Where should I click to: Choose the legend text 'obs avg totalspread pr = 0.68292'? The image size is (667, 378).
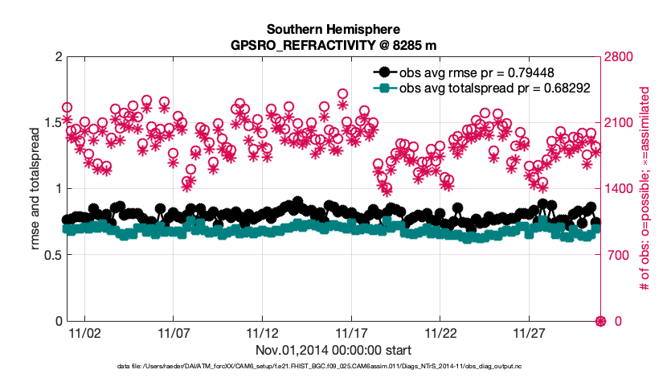pyautogui.click(x=495, y=88)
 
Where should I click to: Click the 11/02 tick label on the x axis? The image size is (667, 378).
pyautogui.click(x=85, y=332)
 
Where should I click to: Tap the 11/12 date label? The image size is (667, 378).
pyautogui.click(x=263, y=332)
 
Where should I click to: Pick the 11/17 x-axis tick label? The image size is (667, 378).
pyautogui.click(x=351, y=332)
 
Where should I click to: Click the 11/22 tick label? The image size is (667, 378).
pyautogui.click(x=440, y=332)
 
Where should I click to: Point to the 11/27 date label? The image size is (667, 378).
pyautogui.click(x=529, y=332)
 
